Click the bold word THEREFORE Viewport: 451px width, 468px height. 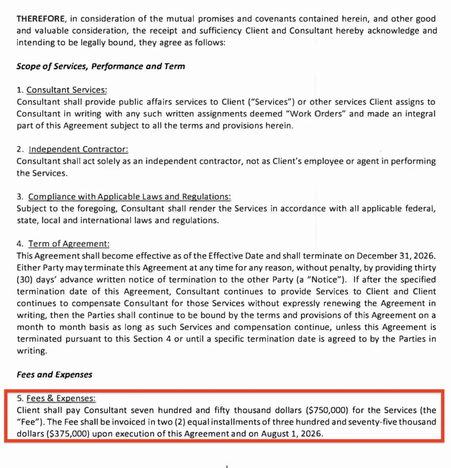click(x=40, y=19)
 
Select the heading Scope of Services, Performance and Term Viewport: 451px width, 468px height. click(x=101, y=66)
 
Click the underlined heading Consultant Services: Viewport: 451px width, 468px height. click(x=67, y=90)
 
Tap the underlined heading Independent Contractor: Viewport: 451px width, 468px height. click(x=78, y=149)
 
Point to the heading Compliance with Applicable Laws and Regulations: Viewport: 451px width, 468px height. click(x=129, y=197)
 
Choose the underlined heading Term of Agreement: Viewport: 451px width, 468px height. click(x=69, y=244)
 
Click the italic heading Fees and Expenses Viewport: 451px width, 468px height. click(x=54, y=374)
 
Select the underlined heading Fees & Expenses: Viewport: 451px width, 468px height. click(x=61, y=398)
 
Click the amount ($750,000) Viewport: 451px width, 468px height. click(x=327, y=410)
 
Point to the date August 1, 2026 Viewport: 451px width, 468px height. click(x=291, y=434)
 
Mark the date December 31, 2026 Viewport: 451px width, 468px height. click(x=395, y=256)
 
